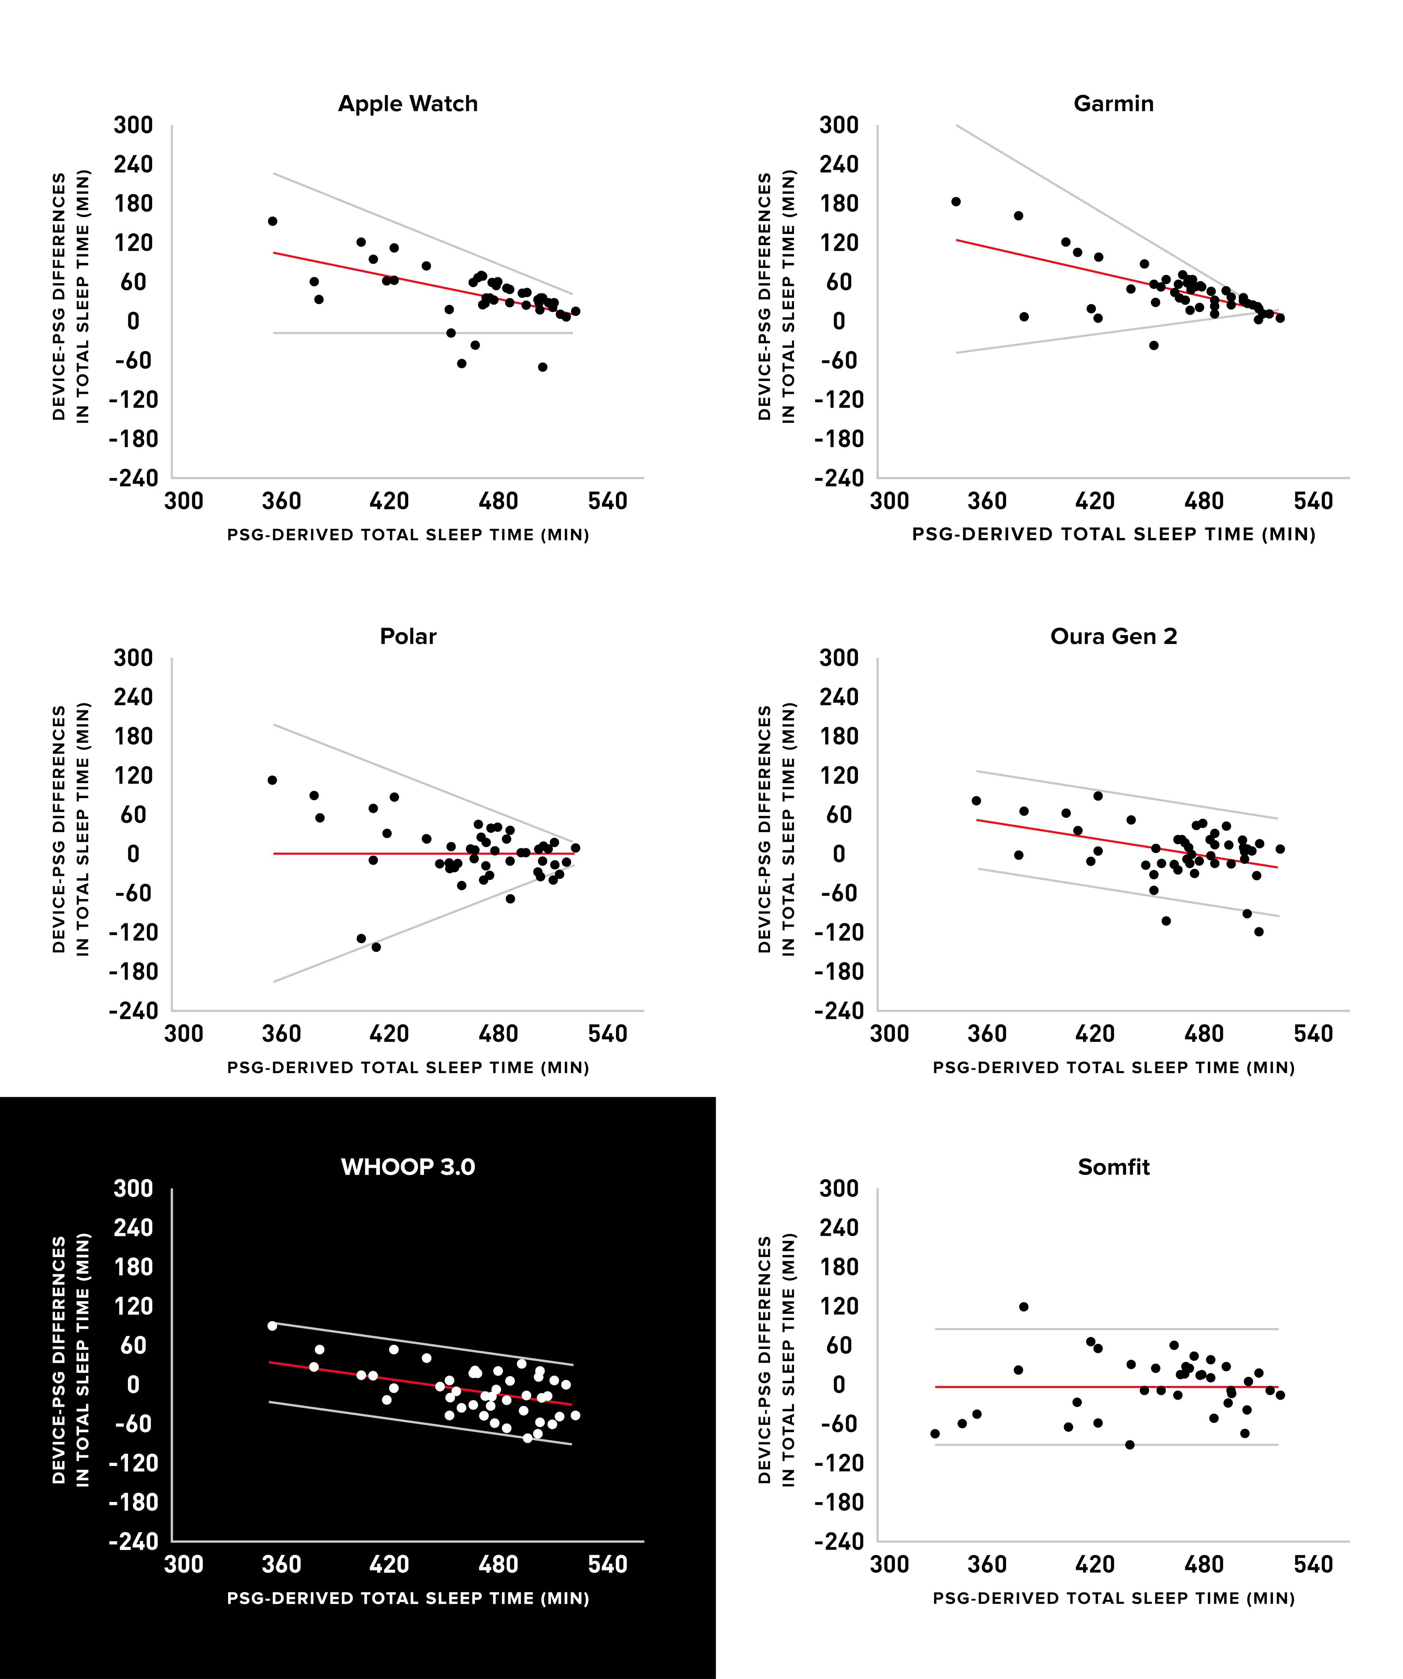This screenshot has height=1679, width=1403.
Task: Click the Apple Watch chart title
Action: (x=408, y=104)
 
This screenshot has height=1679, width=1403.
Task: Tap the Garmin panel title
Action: (x=1113, y=104)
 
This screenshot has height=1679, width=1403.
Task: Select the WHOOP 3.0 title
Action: (x=408, y=1167)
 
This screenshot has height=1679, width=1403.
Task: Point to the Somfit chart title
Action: (x=1113, y=1167)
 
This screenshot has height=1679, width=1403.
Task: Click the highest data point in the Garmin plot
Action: (x=956, y=202)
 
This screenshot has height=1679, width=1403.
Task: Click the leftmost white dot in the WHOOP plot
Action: (x=272, y=1325)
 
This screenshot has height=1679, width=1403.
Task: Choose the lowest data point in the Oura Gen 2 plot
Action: (x=1258, y=931)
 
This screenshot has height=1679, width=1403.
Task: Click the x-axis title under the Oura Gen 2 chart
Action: (x=1113, y=1067)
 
